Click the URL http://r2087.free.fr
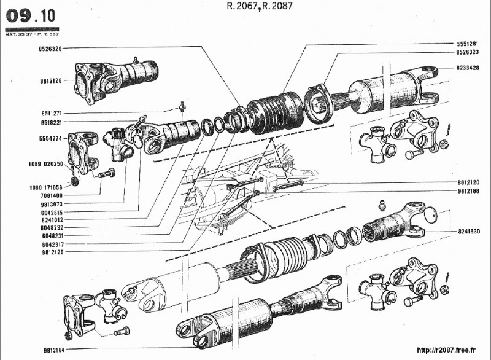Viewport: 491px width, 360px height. pos(446,350)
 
